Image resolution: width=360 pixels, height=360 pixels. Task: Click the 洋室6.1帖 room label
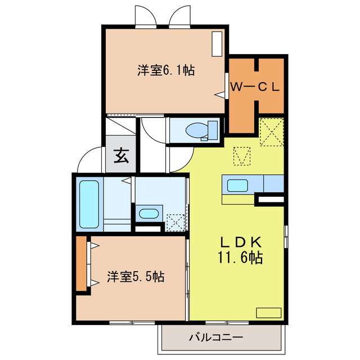point(166,71)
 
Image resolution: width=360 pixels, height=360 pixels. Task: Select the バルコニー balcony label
point(215,337)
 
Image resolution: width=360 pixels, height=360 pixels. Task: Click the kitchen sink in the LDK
point(237,184)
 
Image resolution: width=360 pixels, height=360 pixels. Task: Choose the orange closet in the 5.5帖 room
point(82,264)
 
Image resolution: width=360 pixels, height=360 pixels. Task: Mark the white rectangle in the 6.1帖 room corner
point(217,44)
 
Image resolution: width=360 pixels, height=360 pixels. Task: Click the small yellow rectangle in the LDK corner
point(268,312)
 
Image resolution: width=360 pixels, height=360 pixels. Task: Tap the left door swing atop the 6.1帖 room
point(145,16)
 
